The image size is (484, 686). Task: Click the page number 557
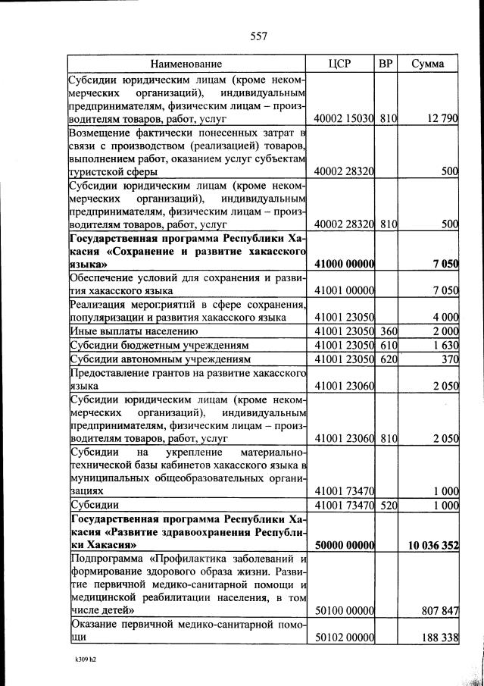[x=258, y=36]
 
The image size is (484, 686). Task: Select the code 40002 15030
[x=345, y=119]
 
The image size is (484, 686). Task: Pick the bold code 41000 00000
[x=345, y=264]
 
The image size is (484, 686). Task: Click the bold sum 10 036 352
[x=433, y=544]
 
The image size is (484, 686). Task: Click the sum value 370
[x=449, y=359]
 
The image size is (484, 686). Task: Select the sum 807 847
[x=440, y=609]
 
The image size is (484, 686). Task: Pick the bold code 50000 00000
[x=345, y=544]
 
